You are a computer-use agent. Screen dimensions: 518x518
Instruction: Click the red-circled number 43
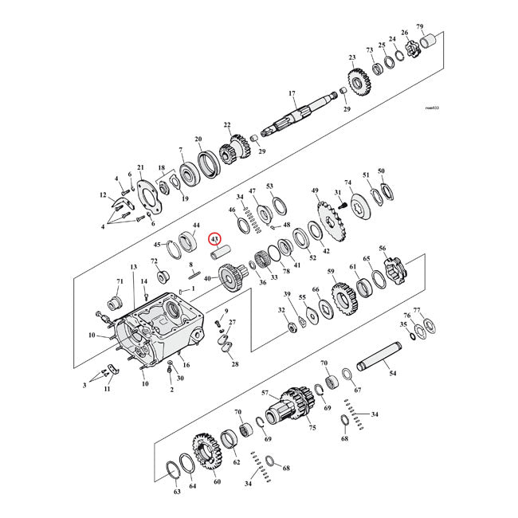point(214,237)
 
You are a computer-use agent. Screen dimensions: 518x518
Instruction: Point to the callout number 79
point(442,27)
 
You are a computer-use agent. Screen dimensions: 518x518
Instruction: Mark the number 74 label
point(347,182)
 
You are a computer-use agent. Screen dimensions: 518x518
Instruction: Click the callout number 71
point(120,281)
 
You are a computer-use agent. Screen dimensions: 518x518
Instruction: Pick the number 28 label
point(234,364)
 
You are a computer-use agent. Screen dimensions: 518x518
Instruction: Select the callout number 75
point(312,428)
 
